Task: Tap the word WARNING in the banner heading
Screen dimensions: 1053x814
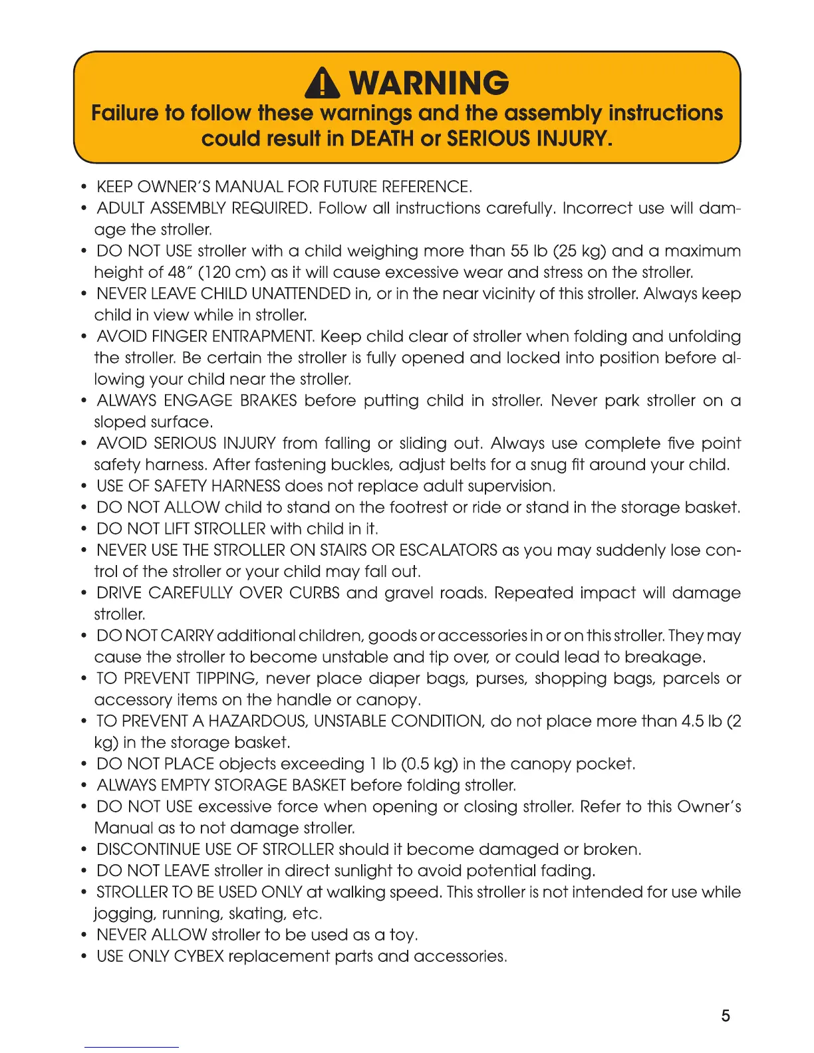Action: pyautogui.click(x=429, y=83)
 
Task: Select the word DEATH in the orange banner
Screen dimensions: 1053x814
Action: pyautogui.click(x=382, y=138)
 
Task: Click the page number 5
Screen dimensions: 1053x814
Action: pyautogui.click(x=726, y=1016)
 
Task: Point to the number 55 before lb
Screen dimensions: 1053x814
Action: pyautogui.click(x=519, y=251)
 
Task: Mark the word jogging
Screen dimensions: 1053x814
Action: pyautogui.click(x=124, y=914)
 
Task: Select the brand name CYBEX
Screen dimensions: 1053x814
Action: pyautogui.click(x=199, y=957)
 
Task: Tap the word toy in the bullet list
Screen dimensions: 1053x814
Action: pyautogui.click(x=402, y=935)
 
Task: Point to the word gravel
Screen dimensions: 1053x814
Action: pyautogui.click(x=410, y=593)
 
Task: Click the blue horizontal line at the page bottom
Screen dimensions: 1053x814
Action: pyautogui.click(x=132, y=1048)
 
